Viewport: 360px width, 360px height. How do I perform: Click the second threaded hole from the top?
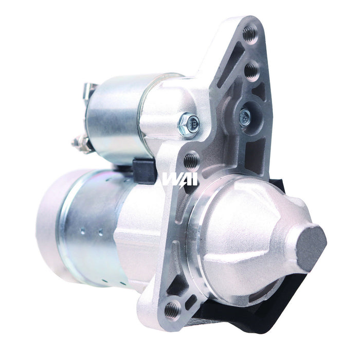251,70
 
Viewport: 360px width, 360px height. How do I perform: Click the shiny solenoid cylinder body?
116,118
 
